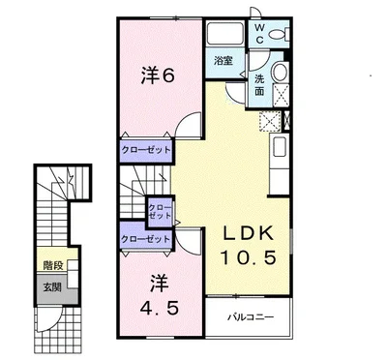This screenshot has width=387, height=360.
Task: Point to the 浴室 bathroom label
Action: [223, 61]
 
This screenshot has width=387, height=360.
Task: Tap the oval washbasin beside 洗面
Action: [281, 73]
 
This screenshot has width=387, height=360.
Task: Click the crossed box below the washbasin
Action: [281, 94]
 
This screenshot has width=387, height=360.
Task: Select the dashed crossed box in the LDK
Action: [270, 122]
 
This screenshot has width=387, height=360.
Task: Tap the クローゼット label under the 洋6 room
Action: [146, 151]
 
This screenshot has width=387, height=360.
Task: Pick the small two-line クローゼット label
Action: [160, 210]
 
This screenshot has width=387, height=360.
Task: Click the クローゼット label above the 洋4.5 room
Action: [146, 238]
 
